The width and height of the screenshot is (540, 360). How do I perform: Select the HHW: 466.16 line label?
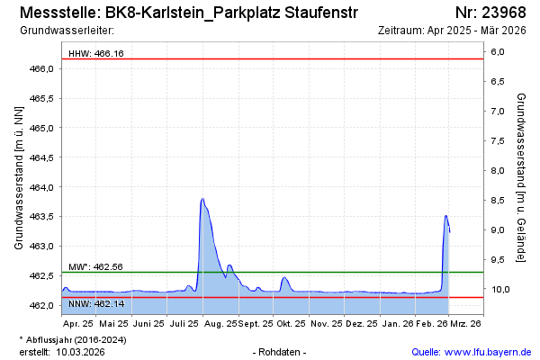pyautogui.click(x=96, y=54)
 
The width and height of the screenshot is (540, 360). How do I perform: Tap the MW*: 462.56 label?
pyautogui.click(x=95, y=267)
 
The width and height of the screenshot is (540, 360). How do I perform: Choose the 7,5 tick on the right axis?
pyautogui.click(x=499, y=141)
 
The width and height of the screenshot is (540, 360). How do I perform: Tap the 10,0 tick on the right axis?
pyautogui.click(x=499, y=289)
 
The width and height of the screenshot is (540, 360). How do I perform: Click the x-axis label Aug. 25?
pyautogui.click(x=220, y=322)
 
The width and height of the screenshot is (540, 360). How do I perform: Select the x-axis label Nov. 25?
pyautogui.click(x=327, y=322)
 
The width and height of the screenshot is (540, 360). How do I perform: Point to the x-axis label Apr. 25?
pyautogui.click(x=78, y=322)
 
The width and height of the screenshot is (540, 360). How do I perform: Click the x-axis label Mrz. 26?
pyautogui.click(x=466, y=322)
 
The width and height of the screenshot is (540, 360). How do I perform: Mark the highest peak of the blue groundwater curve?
pyautogui.click(x=202, y=199)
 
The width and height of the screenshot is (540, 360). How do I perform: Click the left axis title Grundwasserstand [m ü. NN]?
pyautogui.click(x=19, y=176)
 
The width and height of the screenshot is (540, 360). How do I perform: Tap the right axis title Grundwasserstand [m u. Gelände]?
pyautogui.click(x=521, y=176)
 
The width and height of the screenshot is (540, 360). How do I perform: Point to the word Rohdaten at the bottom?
pyautogui.click(x=281, y=351)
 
